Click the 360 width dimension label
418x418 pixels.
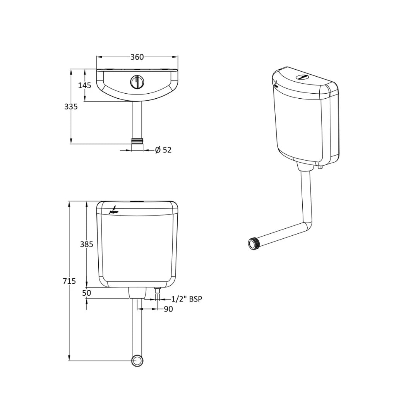(x=137, y=57)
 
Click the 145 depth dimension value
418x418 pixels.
(x=85, y=85)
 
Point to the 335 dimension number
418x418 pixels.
(x=71, y=106)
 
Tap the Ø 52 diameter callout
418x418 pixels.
(x=163, y=150)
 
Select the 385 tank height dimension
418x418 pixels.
(x=86, y=244)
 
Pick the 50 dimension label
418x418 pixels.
(x=86, y=293)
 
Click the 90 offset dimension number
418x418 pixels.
(x=168, y=309)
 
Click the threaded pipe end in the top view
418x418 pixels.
(x=137, y=140)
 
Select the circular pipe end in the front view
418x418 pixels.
(x=137, y=361)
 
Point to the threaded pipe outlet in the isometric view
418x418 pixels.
(x=254, y=243)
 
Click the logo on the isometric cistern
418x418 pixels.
(x=276, y=85)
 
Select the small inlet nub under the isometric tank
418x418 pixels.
(x=320, y=167)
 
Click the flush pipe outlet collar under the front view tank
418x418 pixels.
(x=137, y=293)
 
